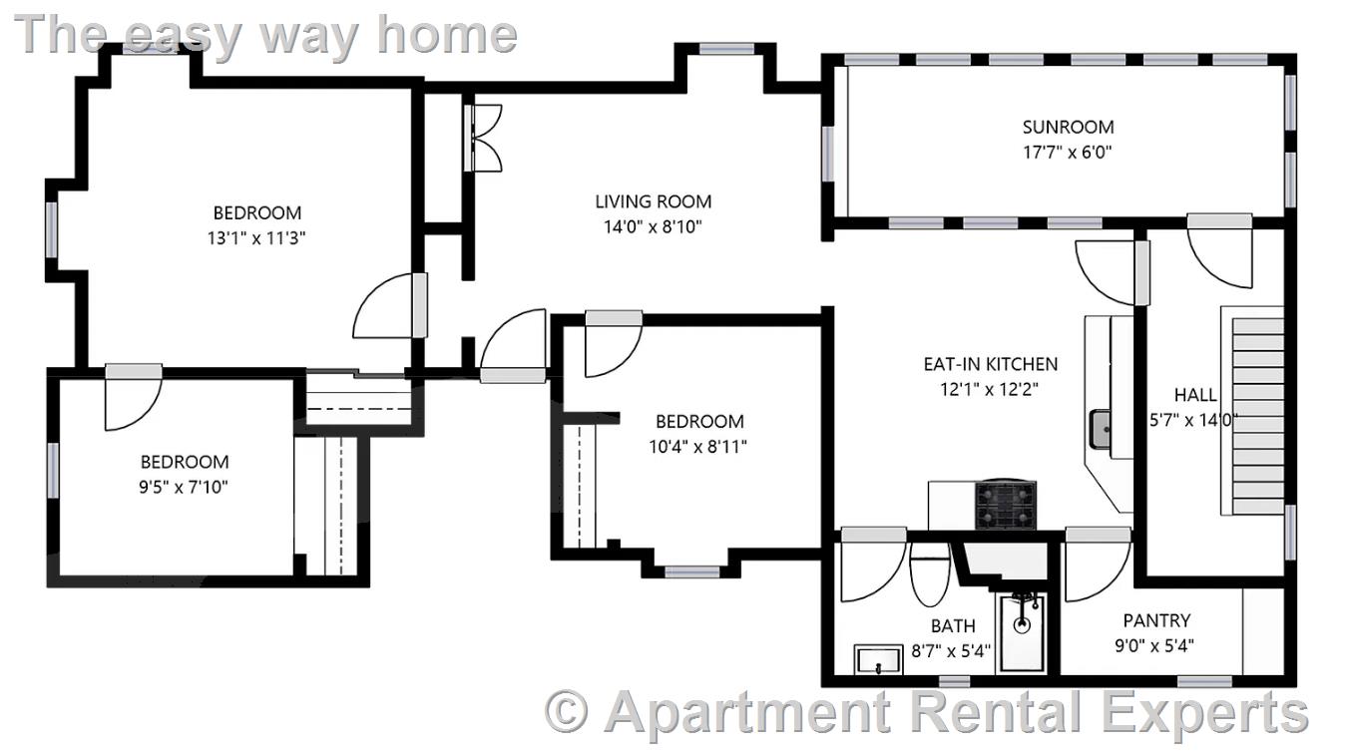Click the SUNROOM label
click(1068, 127)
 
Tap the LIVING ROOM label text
click(653, 201)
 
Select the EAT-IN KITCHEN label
click(990, 364)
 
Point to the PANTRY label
click(1156, 620)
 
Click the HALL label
click(1194, 395)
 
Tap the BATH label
click(953, 626)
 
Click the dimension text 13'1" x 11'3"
click(257, 238)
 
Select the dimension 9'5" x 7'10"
click(185, 488)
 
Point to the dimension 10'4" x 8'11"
click(698, 447)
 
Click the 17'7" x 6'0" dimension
click(1068, 153)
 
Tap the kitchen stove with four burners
click(1005, 505)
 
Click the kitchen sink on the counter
click(1101, 429)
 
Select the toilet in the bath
click(930, 576)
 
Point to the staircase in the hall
click(1252, 411)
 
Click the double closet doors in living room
click(486, 137)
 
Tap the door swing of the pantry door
click(1091, 570)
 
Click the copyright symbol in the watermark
click(567, 711)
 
